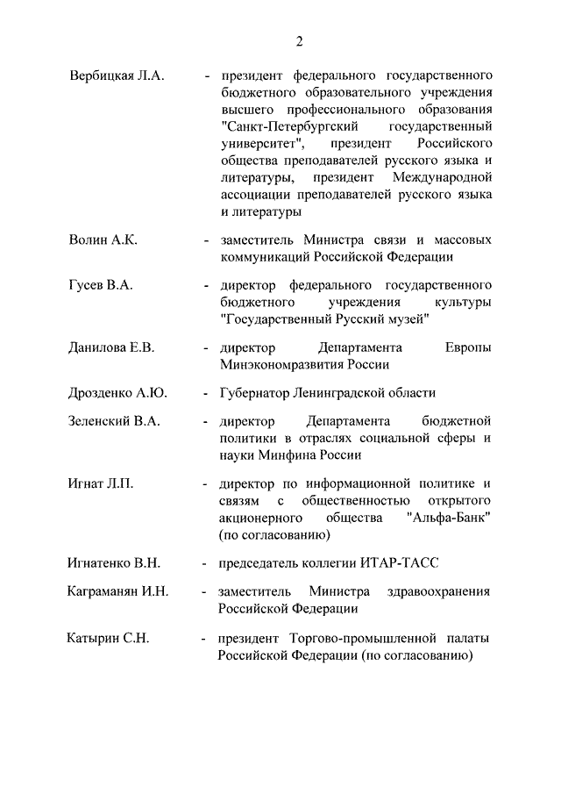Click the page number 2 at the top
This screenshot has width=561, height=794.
pyautogui.click(x=299, y=40)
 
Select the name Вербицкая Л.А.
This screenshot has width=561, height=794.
pyautogui.click(x=117, y=76)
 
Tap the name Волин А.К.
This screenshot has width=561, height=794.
pyautogui.click(x=103, y=240)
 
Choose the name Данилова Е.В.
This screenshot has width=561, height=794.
pyautogui.click(x=111, y=347)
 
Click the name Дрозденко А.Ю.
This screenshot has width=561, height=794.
pyautogui.click(x=117, y=393)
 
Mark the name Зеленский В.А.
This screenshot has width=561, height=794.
pyautogui.click(x=114, y=421)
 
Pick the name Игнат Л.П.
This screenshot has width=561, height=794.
pyautogui.click(x=101, y=483)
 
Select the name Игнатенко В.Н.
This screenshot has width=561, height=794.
pyautogui.click(x=114, y=562)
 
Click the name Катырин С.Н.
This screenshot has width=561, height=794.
pyautogui.click(x=109, y=637)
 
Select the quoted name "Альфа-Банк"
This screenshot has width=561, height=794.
pyautogui.click(x=449, y=518)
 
